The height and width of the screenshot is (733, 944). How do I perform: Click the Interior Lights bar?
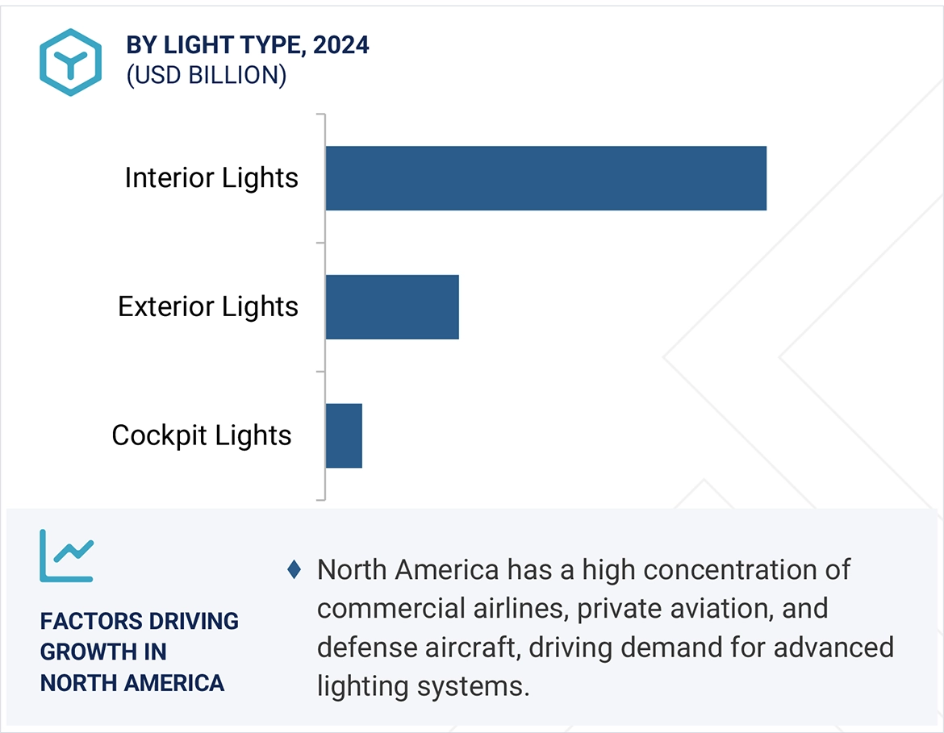point(545,178)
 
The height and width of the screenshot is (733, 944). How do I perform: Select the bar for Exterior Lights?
point(392,306)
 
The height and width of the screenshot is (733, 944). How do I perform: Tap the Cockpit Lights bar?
point(344,435)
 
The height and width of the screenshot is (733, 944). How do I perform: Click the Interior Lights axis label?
point(211,178)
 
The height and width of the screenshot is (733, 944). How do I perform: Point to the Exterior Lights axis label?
point(208,306)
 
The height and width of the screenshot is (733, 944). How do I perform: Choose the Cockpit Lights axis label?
point(202,435)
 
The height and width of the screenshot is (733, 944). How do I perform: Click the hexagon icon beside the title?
point(70,62)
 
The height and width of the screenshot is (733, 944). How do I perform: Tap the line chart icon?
point(67,556)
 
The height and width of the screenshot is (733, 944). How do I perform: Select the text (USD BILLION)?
point(207,76)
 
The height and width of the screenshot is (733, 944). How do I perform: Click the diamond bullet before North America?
point(294,570)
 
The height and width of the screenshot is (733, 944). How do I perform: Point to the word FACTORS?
point(85,621)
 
